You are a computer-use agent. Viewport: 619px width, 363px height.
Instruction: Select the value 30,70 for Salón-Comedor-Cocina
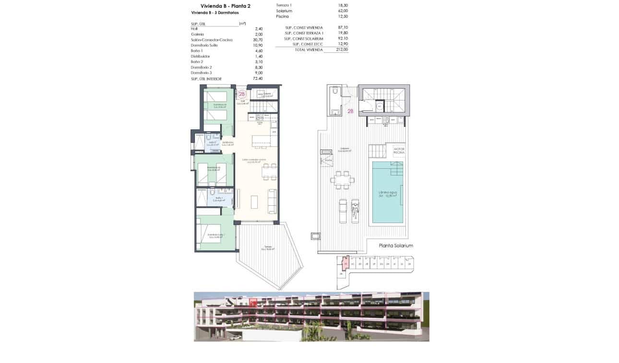coord(259,40)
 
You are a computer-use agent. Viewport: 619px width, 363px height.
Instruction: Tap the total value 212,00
coord(342,50)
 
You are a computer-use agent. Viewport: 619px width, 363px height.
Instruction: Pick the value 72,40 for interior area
coord(258,78)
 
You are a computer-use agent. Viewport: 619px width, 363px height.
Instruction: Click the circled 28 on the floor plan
coord(242,94)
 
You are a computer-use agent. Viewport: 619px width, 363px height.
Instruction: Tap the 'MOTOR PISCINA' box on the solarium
coord(399,151)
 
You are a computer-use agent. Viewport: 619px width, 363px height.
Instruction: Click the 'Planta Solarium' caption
coord(396,246)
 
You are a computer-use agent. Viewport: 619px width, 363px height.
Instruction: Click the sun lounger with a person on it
coord(355,211)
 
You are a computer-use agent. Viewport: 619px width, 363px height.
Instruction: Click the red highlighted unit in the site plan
coord(345,263)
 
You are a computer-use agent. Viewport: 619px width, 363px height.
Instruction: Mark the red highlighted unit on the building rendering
coord(253,302)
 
